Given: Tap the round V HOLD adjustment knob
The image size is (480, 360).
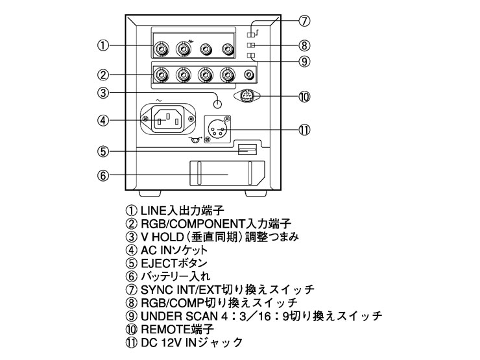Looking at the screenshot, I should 219,103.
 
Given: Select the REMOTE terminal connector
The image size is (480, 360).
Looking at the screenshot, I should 246,96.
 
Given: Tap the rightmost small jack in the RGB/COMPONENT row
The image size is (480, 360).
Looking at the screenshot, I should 248,75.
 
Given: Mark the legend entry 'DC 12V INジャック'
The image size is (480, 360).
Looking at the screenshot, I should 178,342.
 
